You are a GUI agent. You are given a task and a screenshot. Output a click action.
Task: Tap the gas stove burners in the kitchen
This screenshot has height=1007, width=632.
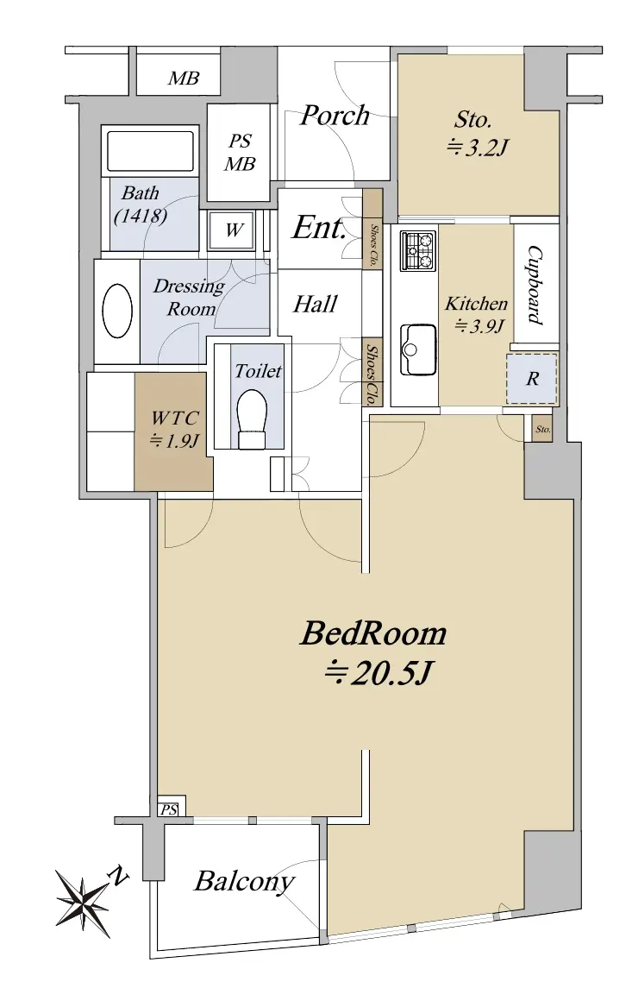(417, 250)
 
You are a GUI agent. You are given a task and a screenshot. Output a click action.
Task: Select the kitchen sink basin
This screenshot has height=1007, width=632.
(417, 349)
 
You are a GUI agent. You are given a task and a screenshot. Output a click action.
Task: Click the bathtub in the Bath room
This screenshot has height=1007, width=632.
(150, 151)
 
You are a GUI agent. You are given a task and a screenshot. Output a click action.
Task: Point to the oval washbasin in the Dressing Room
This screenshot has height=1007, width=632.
(117, 311)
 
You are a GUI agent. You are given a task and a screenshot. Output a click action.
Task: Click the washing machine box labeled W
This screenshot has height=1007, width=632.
(233, 230)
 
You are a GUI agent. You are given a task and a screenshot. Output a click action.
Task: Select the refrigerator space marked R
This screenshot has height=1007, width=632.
(531, 378)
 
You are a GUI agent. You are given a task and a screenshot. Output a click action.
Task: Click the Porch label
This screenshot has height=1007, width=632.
(335, 116)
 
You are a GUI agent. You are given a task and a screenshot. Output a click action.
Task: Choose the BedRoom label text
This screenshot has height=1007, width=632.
(373, 633)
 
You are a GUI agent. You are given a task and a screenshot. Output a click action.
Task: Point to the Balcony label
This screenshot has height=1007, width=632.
(244, 881)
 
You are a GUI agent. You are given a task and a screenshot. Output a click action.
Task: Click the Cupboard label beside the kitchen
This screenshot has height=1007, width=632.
(535, 285)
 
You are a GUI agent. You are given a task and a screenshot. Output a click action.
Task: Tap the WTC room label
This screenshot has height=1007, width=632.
(174, 419)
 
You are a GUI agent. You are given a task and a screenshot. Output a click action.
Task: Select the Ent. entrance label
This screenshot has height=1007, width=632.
(320, 227)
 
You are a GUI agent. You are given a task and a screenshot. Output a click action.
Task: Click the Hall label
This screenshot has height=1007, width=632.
(315, 304)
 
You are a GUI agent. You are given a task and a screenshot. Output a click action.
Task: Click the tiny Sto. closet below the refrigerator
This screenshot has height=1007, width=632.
(543, 428)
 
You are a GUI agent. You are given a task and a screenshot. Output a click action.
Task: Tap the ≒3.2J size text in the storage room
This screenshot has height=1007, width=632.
(477, 148)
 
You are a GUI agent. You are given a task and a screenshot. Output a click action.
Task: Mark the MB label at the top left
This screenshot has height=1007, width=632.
(184, 79)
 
